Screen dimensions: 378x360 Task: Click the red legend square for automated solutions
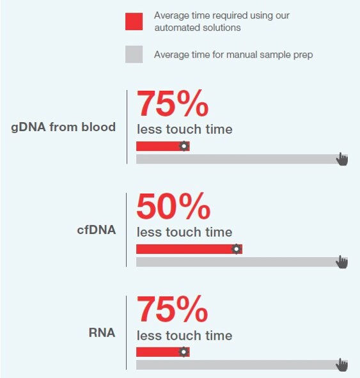pyautogui.click(x=134, y=21)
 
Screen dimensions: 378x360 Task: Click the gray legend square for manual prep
pyautogui.click(x=134, y=54)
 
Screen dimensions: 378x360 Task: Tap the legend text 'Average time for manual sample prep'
pyautogui.click(x=233, y=55)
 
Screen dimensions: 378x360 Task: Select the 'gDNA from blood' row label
pyautogui.click(x=63, y=127)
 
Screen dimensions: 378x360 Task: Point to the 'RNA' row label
pyautogui.click(x=102, y=333)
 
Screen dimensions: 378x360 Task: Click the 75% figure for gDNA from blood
pyautogui.click(x=173, y=104)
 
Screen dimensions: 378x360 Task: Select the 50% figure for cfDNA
pyautogui.click(x=173, y=207)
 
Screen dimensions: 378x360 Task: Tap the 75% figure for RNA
pyautogui.click(x=173, y=310)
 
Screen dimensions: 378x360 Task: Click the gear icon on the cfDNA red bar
pyautogui.click(x=237, y=249)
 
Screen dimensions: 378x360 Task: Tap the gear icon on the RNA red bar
pyautogui.click(x=184, y=352)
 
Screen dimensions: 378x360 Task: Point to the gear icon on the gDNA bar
pyautogui.click(x=184, y=146)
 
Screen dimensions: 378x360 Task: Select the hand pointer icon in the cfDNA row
pyautogui.click(x=342, y=262)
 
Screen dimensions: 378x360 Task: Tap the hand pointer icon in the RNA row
pyautogui.click(x=342, y=365)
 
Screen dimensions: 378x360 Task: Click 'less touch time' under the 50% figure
pyautogui.click(x=184, y=232)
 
